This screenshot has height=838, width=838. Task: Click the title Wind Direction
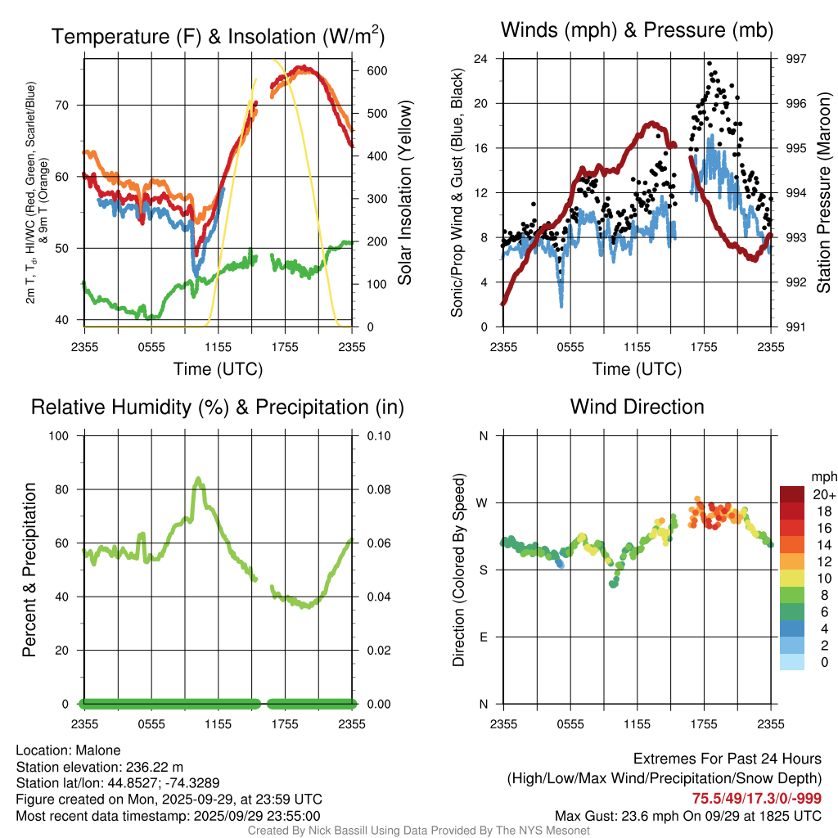point(637,407)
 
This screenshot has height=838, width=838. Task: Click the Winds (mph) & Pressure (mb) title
point(637,30)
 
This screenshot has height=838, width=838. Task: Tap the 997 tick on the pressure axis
point(795,59)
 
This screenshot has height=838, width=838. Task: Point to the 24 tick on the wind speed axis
point(481,59)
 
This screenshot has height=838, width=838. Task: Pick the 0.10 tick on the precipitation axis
point(377,435)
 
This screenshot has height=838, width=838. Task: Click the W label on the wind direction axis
point(483,502)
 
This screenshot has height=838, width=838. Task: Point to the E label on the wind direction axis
point(484,637)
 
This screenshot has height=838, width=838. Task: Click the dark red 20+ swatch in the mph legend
point(792,493)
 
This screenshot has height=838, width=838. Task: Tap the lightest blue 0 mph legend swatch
point(792,662)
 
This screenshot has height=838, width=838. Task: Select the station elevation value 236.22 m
point(157,767)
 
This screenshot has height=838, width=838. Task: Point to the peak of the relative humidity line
point(198,479)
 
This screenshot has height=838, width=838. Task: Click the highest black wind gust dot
point(710,62)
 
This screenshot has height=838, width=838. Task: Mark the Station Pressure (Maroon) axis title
point(824,192)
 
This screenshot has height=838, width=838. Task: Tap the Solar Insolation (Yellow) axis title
point(404,192)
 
